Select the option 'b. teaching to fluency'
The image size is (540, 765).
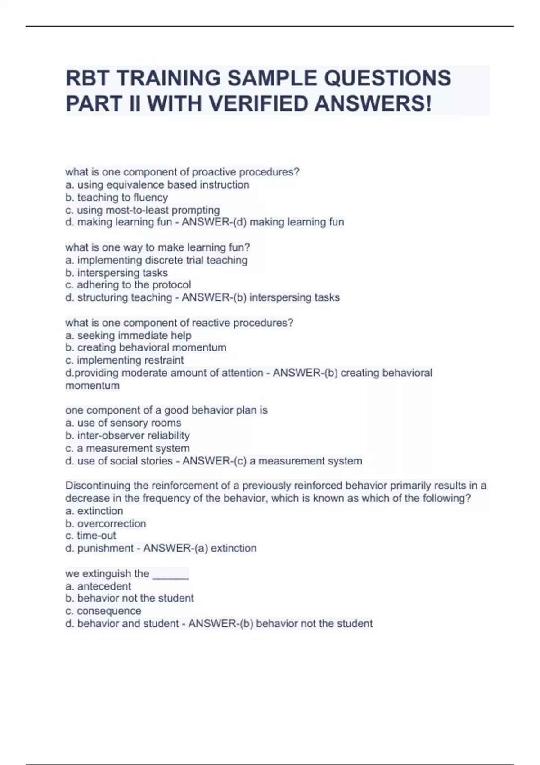117,197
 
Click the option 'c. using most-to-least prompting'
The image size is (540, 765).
142,210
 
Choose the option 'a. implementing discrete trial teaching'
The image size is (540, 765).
156,260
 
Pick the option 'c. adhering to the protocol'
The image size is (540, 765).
128,284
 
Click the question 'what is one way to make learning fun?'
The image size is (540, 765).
157,247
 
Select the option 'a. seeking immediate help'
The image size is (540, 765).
128,335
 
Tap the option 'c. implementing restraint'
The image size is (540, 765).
124,360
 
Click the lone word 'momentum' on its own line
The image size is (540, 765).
92,385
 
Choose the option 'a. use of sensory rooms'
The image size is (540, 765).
123,423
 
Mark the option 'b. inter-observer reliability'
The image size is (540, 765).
127,435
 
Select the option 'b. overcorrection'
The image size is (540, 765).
105,523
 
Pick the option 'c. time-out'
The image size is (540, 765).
90,535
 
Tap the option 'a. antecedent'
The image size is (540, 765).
98,586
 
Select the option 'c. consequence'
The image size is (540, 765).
103,611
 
